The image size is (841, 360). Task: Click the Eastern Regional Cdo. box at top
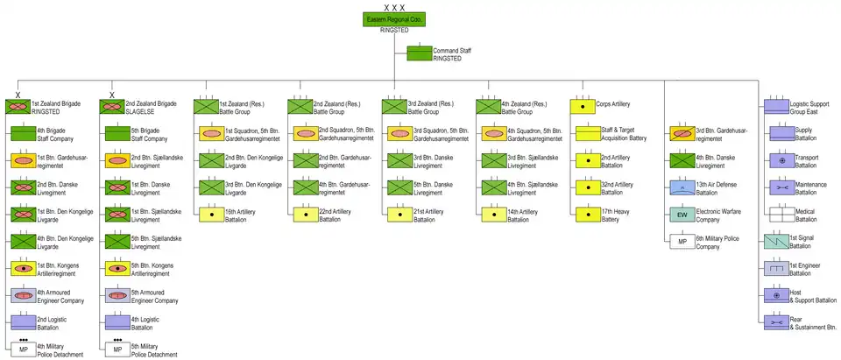(x=393, y=19)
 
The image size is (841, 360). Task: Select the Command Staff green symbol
(x=420, y=53)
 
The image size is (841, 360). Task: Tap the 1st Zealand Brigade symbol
(x=18, y=107)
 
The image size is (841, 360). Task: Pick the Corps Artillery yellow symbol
(x=583, y=107)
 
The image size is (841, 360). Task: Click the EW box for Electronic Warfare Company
(x=681, y=215)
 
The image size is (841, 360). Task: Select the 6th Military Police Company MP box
(x=681, y=242)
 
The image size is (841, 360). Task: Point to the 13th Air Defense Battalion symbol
(x=681, y=187)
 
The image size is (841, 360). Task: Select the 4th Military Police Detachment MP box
(x=24, y=349)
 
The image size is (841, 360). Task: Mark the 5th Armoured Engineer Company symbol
(x=117, y=296)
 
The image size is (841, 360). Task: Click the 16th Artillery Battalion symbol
(x=212, y=215)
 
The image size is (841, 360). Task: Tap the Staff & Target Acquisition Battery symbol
(x=583, y=134)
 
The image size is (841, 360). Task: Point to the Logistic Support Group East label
(x=810, y=107)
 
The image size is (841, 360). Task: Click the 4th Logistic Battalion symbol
(x=117, y=323)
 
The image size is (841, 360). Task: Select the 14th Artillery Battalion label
(x=523, y=215)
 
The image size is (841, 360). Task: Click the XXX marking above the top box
(x=393, y=7)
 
